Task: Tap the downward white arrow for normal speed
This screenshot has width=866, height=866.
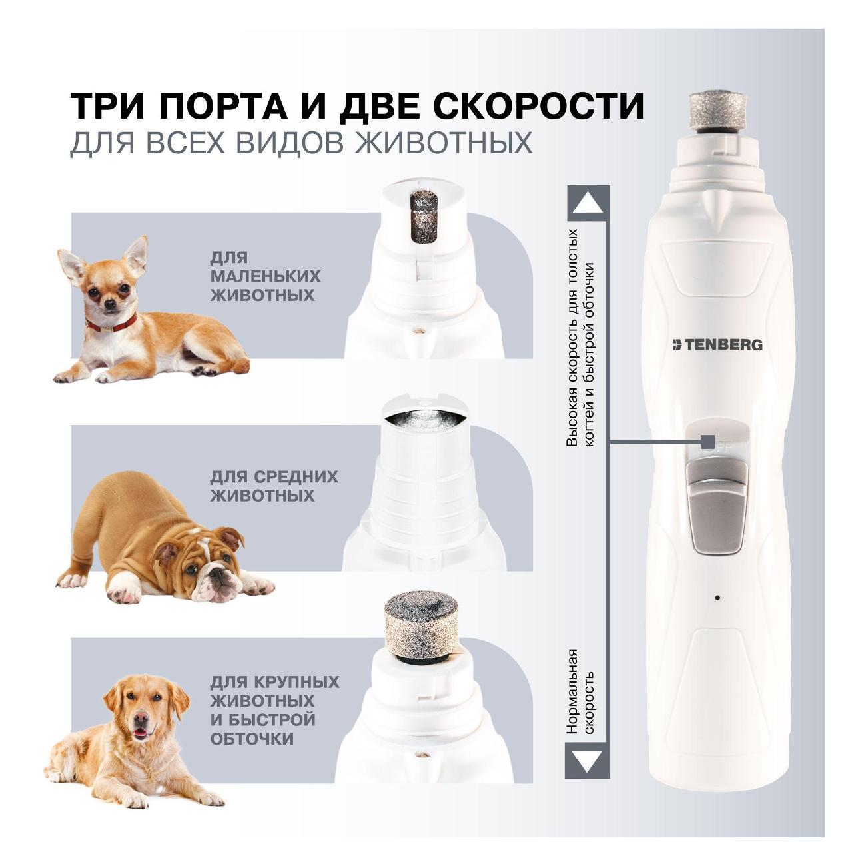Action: tap(587, 760)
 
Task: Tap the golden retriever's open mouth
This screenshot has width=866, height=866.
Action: tap(139, 732)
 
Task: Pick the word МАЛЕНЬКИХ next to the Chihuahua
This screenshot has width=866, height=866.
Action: tap(265, 276)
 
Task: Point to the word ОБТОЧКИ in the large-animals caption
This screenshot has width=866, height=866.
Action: tap(252, 739)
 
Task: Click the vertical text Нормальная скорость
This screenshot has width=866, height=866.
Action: tap(579, 691)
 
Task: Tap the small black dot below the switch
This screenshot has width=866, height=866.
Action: tap(717, 597)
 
